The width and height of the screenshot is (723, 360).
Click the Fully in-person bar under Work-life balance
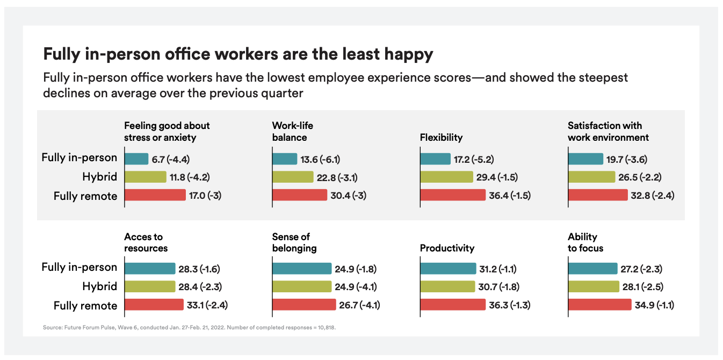pyautogui.click(x=284, y=159)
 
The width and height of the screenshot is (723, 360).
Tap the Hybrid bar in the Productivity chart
pyautogui.click(x=447, y=287)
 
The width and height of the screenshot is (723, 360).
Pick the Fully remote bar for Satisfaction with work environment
pyautogui.click(x=597, y=195)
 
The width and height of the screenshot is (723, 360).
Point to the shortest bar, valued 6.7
pyautogui.click(x=136, y=159)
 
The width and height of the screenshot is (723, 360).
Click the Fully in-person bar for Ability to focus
pyautogui.click(x=592, y=269)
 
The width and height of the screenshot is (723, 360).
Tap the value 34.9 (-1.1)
pyautogui.click(x=654, y=305)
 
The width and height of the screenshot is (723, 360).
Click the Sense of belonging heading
pyautogui.click(x=294, y=242)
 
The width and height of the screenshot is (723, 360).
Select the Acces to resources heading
pyautogui.click(x=146, y=242)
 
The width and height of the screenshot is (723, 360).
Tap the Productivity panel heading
pyautogui.click(x=447, y=248)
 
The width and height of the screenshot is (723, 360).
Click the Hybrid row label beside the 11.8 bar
pyautogui.click(x=99, y=177)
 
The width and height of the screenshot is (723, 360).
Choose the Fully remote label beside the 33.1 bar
pyautogui.click(x=85, y=305)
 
